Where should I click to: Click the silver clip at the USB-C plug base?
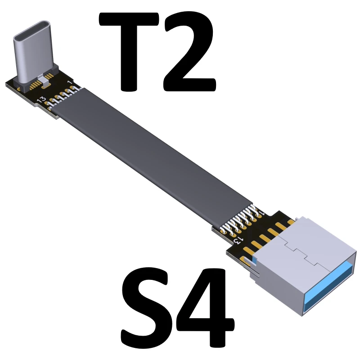(x=44, y=80)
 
